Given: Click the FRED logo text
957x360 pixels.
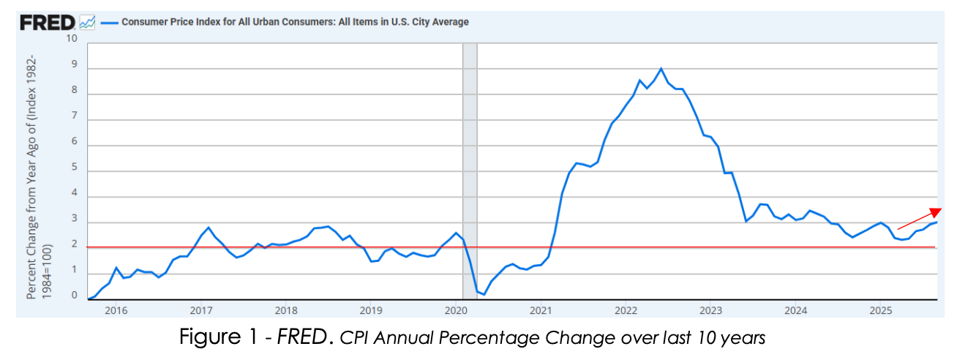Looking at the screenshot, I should pyautogui.click(x=48, y=22).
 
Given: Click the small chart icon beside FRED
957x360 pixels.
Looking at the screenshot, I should pyautogui.click(x=87, y=22).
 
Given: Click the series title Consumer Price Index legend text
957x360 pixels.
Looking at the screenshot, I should pyautogui.click(x=295, y=22).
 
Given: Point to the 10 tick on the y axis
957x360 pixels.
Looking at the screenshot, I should pyautogui.click(x=72, y=38).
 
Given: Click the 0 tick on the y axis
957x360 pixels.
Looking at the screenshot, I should pyautogui.click(x=73, y=296).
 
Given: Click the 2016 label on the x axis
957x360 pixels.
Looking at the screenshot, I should pyautogui.click(x=116, y=310).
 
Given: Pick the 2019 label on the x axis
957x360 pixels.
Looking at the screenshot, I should pyautogui.click(x=371, y=310).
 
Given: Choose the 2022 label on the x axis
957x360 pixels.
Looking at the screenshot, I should pyautogui.click(x=626, y=310).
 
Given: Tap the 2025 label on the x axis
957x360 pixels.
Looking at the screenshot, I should pyautogui.click(x=880, y=310).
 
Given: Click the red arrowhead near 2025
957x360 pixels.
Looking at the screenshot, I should pyautogui.click(x=934, y=211).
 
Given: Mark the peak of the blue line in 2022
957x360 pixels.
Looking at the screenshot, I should pyautogui.click(x=661, y=68).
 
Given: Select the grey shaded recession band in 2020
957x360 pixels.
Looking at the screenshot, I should pyautogui.click(x=470, y=168).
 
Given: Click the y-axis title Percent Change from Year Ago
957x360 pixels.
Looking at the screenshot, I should pyautogui.click(x=38, y=176).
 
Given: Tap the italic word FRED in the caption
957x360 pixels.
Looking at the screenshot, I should pyautogui.click(x=302, y=338).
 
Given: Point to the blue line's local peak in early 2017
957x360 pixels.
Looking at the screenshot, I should pyautogui.click(x=209, y=228).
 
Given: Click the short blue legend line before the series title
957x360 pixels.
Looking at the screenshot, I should pyautogui.click(x=109, y=22).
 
